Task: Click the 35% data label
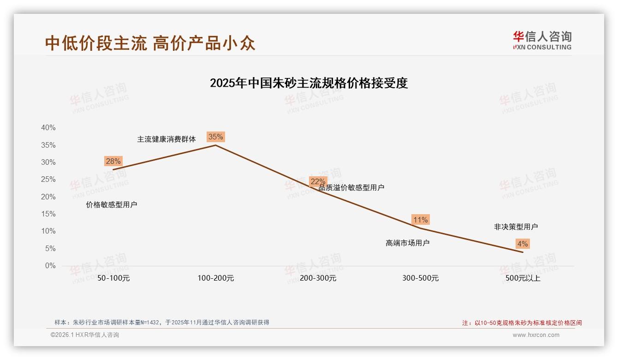coord(215,137)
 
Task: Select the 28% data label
coord(113,161)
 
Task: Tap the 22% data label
coord(318,181)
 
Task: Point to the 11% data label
coord(420,220)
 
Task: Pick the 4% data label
coord(523,244)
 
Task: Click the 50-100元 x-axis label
coord(113,278)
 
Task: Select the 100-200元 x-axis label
coord(216,278)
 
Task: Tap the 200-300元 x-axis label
coord(318,278)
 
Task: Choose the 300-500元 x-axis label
coord(421,278)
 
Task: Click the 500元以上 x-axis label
coord(523,278)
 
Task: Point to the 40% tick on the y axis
coord(48,128)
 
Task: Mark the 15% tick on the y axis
coord(48,214)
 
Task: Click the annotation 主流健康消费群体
coord(166,139)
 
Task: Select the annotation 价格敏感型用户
coord(112,204)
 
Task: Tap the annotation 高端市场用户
coord(407,243)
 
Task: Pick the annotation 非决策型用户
coord(516,227)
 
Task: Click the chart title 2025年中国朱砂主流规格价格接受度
coord(309,83)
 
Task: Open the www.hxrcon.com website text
coord(536,335)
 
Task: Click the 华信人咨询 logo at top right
coord(542,40)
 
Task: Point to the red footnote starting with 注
coord(522,323)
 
